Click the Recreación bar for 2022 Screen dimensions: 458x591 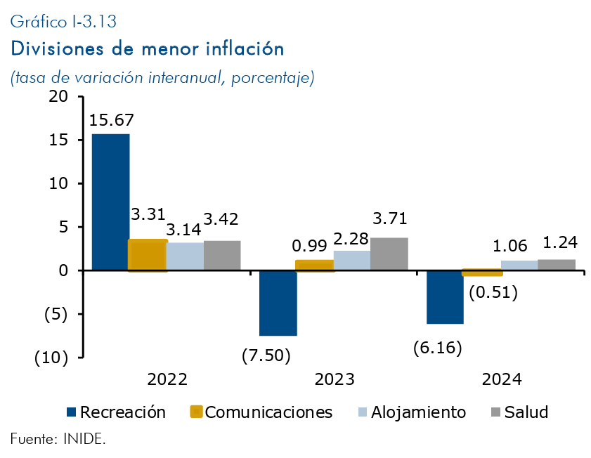click(x=110, y=202)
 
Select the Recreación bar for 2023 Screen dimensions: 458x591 click(x=278, y=303)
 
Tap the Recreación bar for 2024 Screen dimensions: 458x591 click(x=446, y=297)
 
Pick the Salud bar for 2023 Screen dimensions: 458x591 click(x=389, y=254)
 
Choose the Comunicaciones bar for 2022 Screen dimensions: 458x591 click(x=148, y=255)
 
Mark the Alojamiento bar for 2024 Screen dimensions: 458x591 click(x=519, y=266)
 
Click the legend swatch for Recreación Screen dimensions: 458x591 click(x=70, y=412)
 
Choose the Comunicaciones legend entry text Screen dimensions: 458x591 click(x=269, y=412)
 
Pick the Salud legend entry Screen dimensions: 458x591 click(x=526, y=412)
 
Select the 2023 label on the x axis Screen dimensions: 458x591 click(x=335, y=379)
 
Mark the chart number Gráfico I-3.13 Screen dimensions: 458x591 click(x=63, y=22)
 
